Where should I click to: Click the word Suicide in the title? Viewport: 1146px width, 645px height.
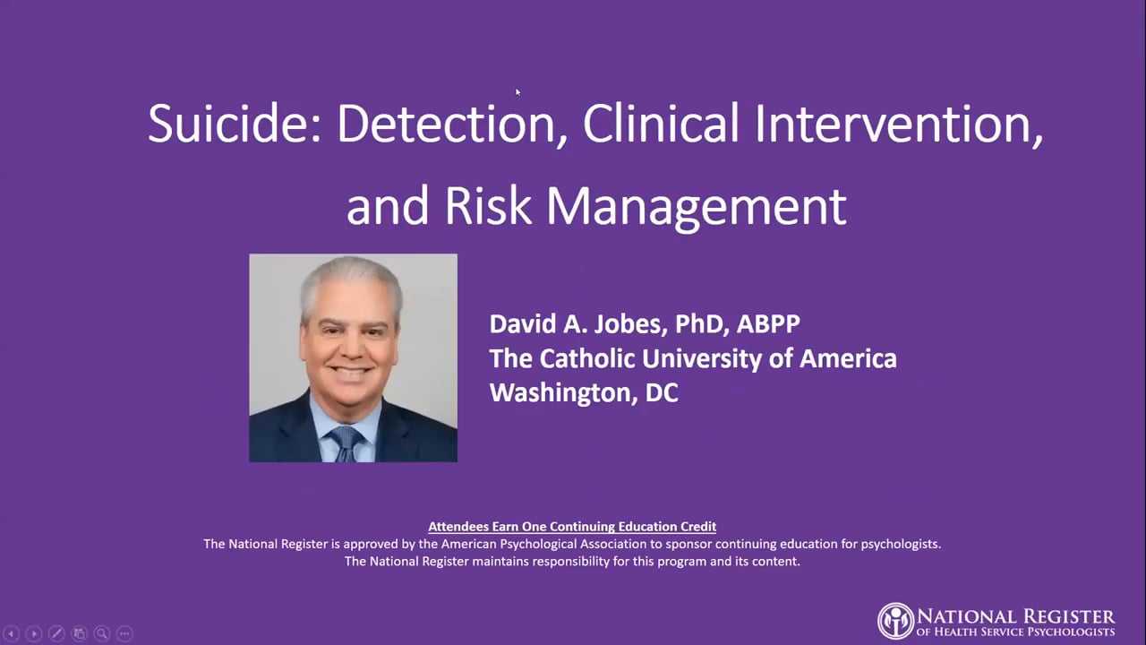[x=235, y=124]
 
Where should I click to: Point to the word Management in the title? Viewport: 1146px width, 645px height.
[x=697, y=207]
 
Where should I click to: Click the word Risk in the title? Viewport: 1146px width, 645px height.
[x=488, y=205]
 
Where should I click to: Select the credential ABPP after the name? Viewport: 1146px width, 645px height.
[x=768, y=323]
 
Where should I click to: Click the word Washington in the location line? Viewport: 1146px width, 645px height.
[x=560, y=393]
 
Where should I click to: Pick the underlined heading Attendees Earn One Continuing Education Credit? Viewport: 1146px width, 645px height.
[x=572, y=527]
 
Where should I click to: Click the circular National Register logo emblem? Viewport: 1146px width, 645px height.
[x=895, y=621]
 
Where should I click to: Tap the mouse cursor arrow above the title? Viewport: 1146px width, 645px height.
[x=517, y=92]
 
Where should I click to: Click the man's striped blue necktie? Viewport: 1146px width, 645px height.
[x=345, y=443]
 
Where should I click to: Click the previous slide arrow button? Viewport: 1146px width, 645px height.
[x=12, y=633]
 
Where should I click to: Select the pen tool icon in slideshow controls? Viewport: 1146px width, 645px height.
[x=56, y=633]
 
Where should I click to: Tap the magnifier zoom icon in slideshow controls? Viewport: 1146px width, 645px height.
[x=102, y=633]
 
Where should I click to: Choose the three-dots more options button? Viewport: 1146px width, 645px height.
[x=124, y=633]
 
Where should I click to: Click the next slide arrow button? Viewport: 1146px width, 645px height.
[x=34, y=633]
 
